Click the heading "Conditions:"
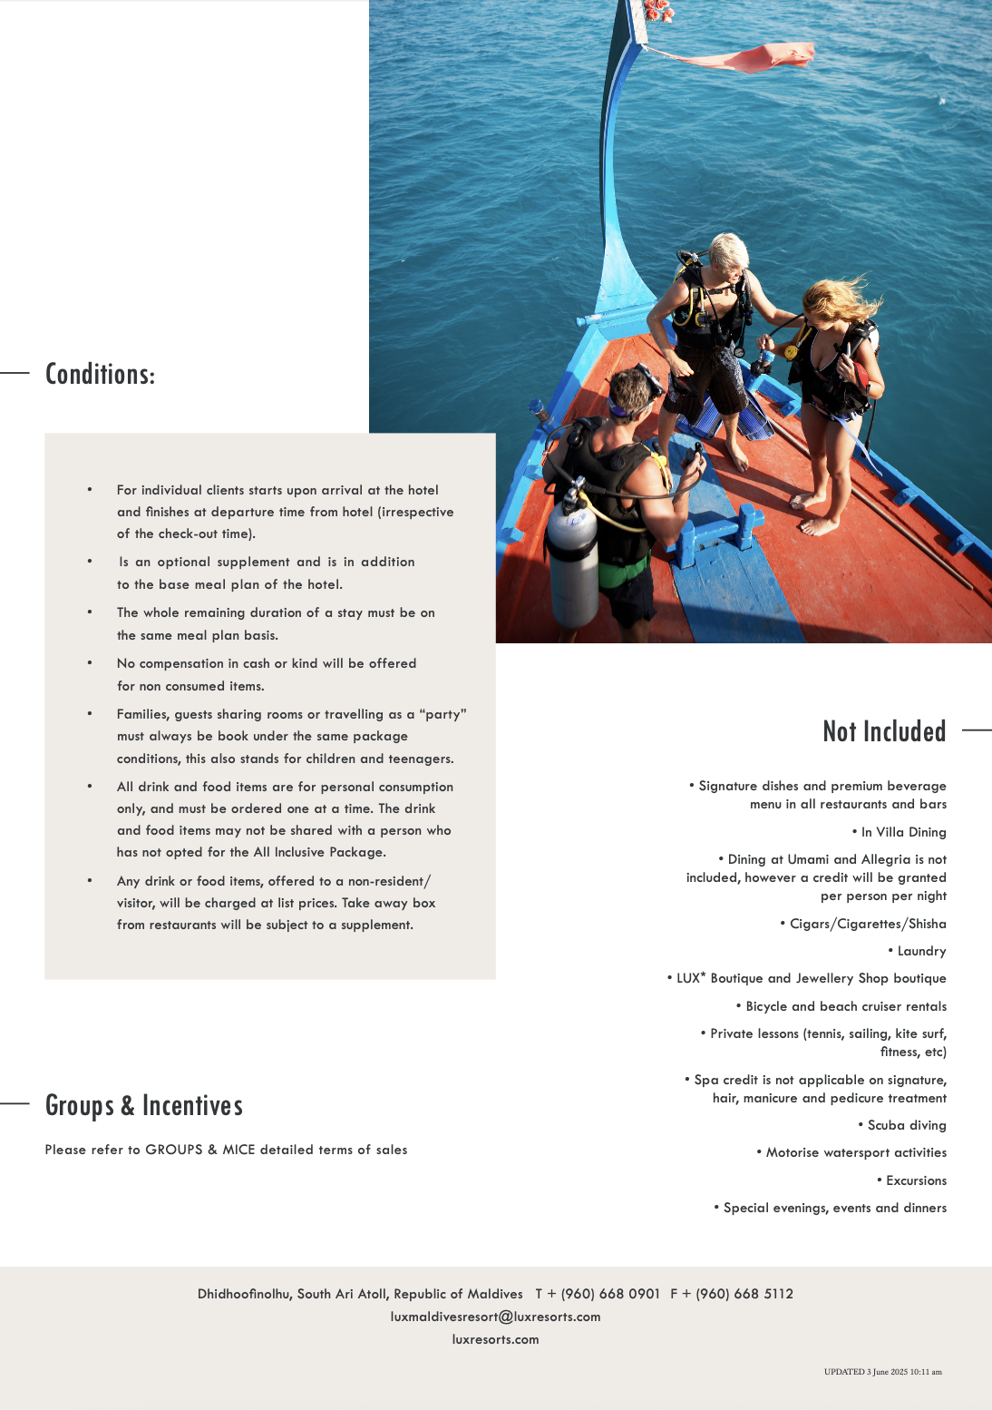100,374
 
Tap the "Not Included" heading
884,731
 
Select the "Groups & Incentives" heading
144,1105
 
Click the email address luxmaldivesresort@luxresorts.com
495,1317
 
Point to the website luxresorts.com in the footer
495,1339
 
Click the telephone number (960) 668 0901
610,1294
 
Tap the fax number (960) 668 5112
744,1294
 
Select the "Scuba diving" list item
906,1125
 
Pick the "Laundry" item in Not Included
921,951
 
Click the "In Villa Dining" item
903,832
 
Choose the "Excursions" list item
916,1180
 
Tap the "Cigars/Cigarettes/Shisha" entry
867,924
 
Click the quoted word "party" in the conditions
443,714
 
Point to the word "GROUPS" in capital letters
174,1150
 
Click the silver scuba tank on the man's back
573,563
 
